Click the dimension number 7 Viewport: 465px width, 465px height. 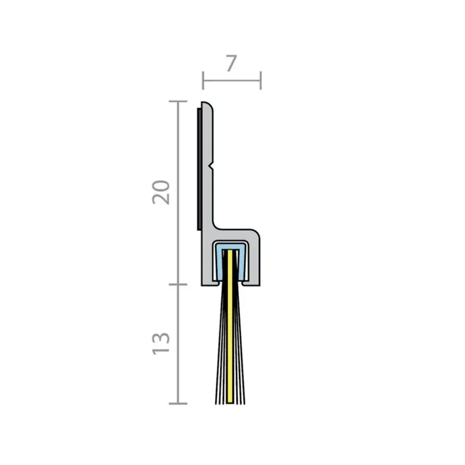click(x=231, y=64)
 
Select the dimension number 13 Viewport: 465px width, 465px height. click(x=161, y=343)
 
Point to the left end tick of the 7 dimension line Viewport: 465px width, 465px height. click(x=203, y=80)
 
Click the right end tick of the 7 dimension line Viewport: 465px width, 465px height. click(x=260, y=80)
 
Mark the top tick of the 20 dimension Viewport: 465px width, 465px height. click(x=178, y=102)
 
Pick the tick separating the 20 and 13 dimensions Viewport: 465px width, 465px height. click(x=178, y=285)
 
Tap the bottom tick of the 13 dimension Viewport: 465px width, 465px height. click(x=178, y=403)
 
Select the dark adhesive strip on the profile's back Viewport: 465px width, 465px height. click(x=199, y=168)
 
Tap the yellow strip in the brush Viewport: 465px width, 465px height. click(x=230, y=327)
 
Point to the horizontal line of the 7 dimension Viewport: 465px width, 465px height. click(x=232, y=80)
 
